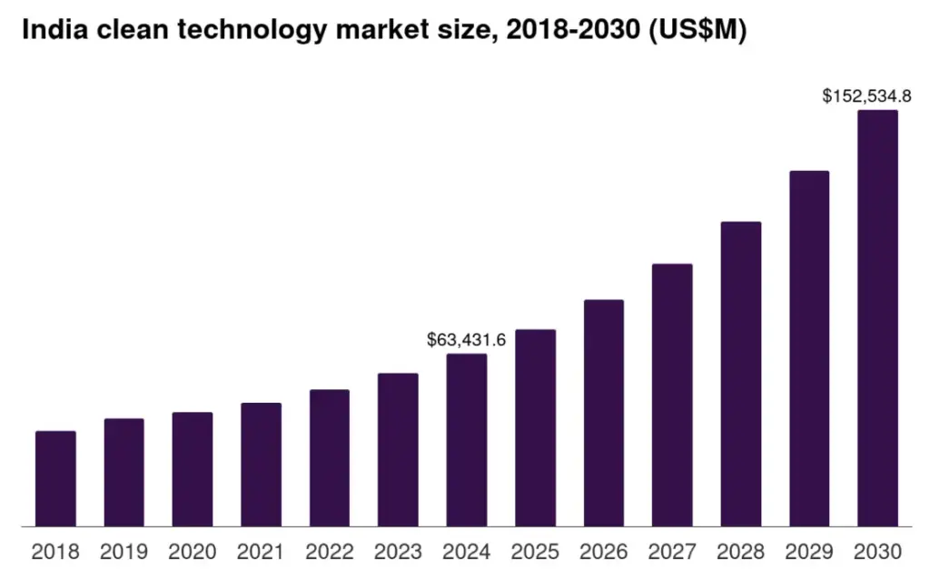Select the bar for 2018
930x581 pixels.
(55, 478)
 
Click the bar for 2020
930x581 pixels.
(193, 469)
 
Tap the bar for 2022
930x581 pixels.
(330, 457)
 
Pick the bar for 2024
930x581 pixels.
(467, 440)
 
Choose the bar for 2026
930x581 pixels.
(604, 413)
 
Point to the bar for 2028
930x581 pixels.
(741, 374)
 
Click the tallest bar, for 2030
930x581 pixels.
(877, 318)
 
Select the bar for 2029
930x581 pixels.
(809, 348)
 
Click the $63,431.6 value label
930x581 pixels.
(466, 340)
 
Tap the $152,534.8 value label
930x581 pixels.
(866, 95)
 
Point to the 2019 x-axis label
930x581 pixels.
(124, 552)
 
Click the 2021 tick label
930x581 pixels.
(261, 552)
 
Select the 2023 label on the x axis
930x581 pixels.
(398, 552)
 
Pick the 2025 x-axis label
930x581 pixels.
(535, 552)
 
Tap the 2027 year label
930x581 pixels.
(672, 552)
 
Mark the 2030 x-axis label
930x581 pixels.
(877, 552)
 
